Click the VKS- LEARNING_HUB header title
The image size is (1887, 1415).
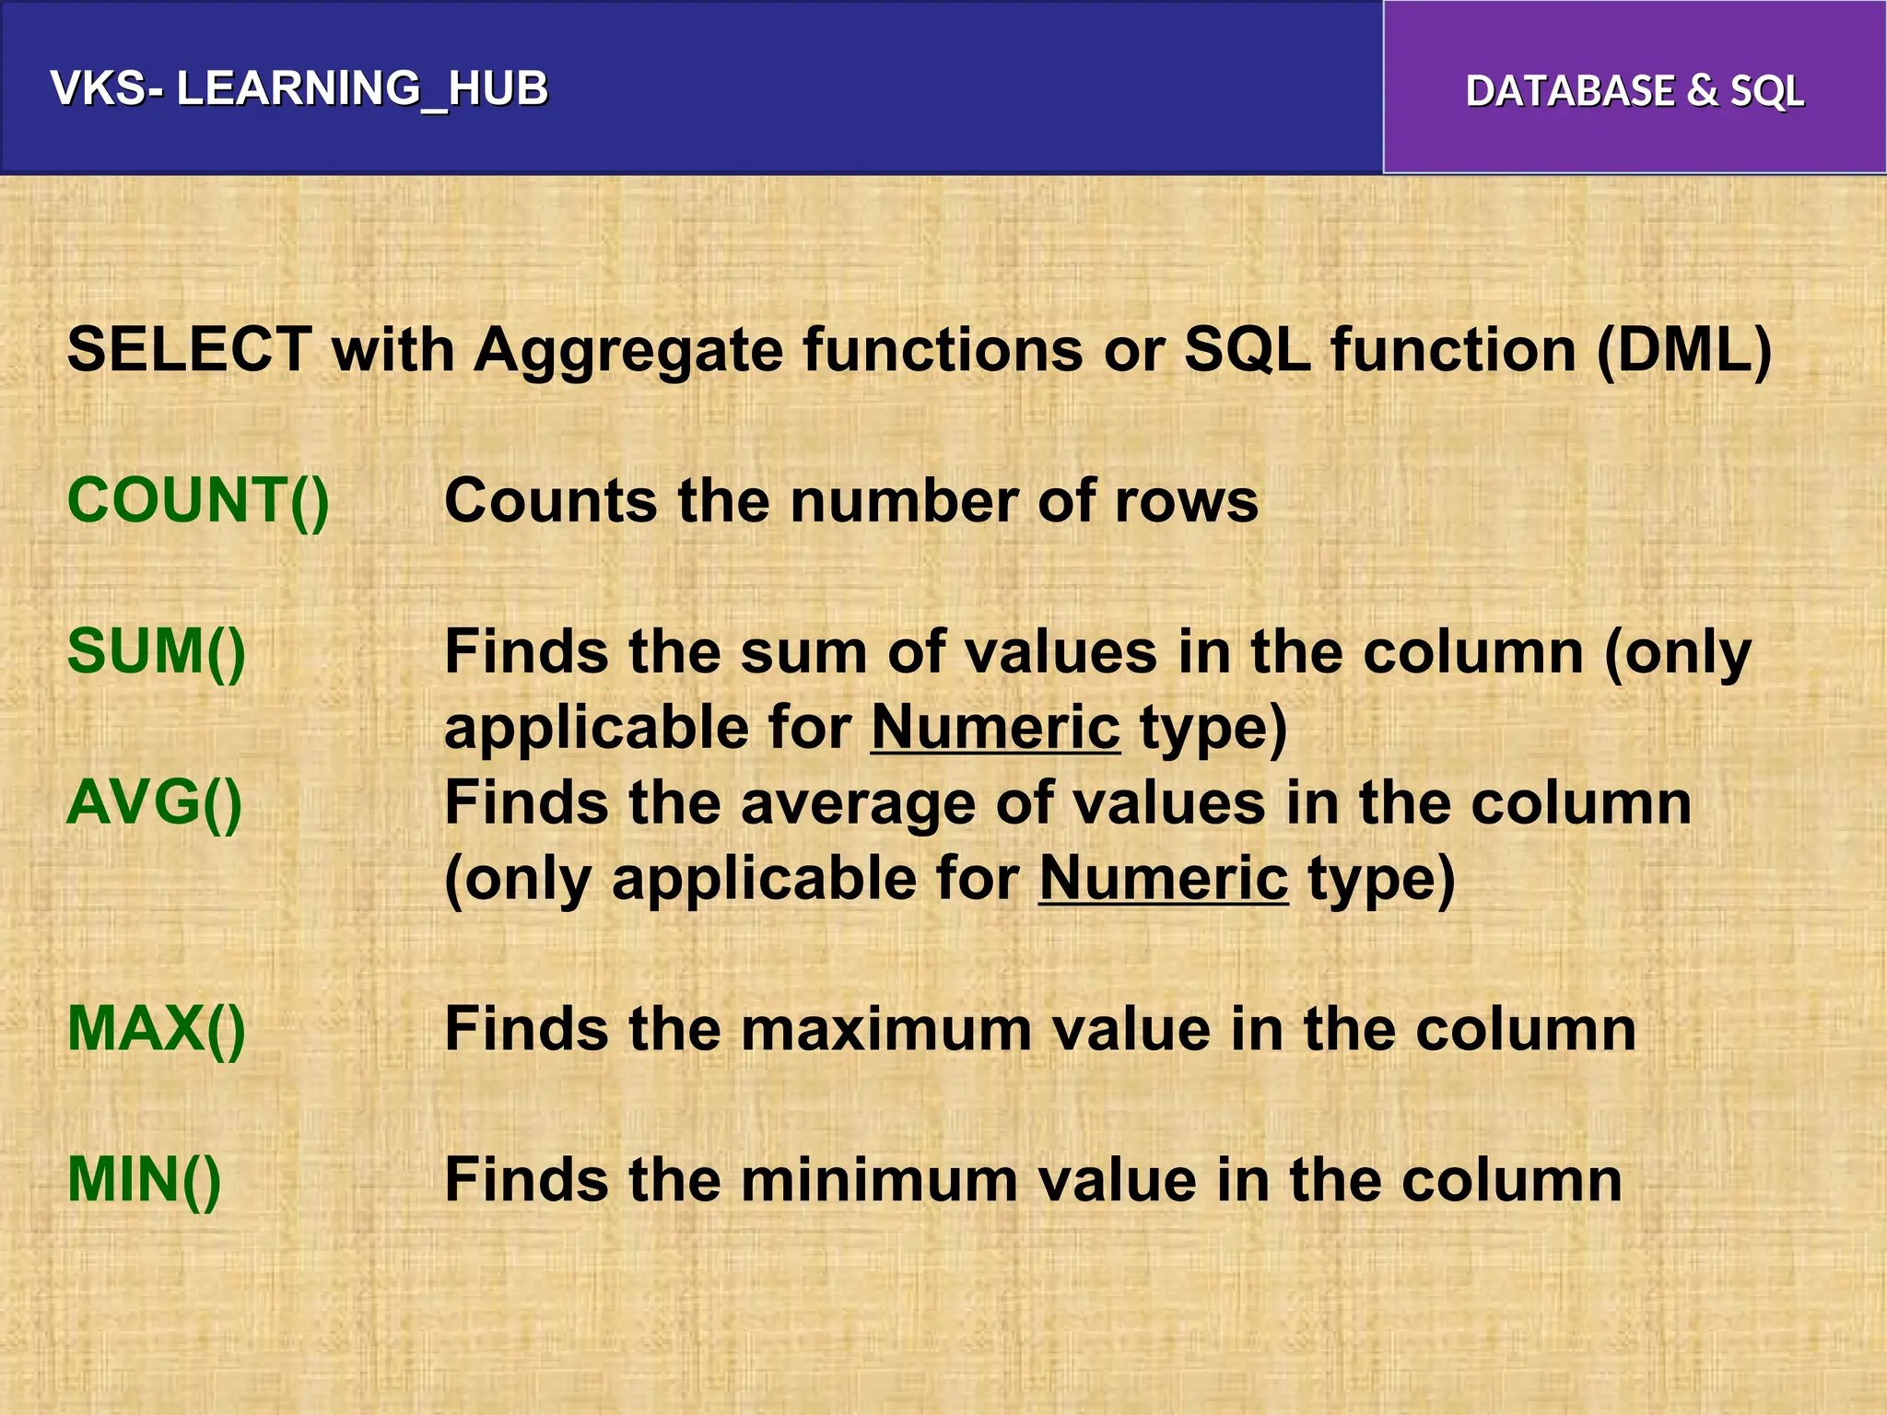pyautogui.click(x=299, y=89)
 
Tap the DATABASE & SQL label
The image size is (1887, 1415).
pyautogui.click(x=1635, y=90)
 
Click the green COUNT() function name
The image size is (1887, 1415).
pyautogui.click(x=198, y=501)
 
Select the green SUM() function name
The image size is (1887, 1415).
pyautogui.click(x=157, y=651)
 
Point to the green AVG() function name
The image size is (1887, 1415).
pyautogui.click(x=155, y=802)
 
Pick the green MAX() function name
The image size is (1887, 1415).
pyautogui.click(x=157, y=1029)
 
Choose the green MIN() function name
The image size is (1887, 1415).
pyautogui.click(x=145, y=1180)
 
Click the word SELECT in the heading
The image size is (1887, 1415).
pyautogui.click(x=189, y=350)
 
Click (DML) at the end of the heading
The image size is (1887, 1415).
pyautogui.click(x=1683, y=350)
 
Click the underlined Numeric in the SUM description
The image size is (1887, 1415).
pyautogui.click(x=995, y=728)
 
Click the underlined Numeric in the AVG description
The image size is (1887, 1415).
pyautogui.click(x=1163, y=878)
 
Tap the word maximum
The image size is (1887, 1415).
pyautogui.click(x=885, y=1029)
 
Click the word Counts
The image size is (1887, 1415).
pyautogui.click(x=551, y=501)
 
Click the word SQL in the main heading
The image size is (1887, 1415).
pyautogui.click(x=1247, y=350)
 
